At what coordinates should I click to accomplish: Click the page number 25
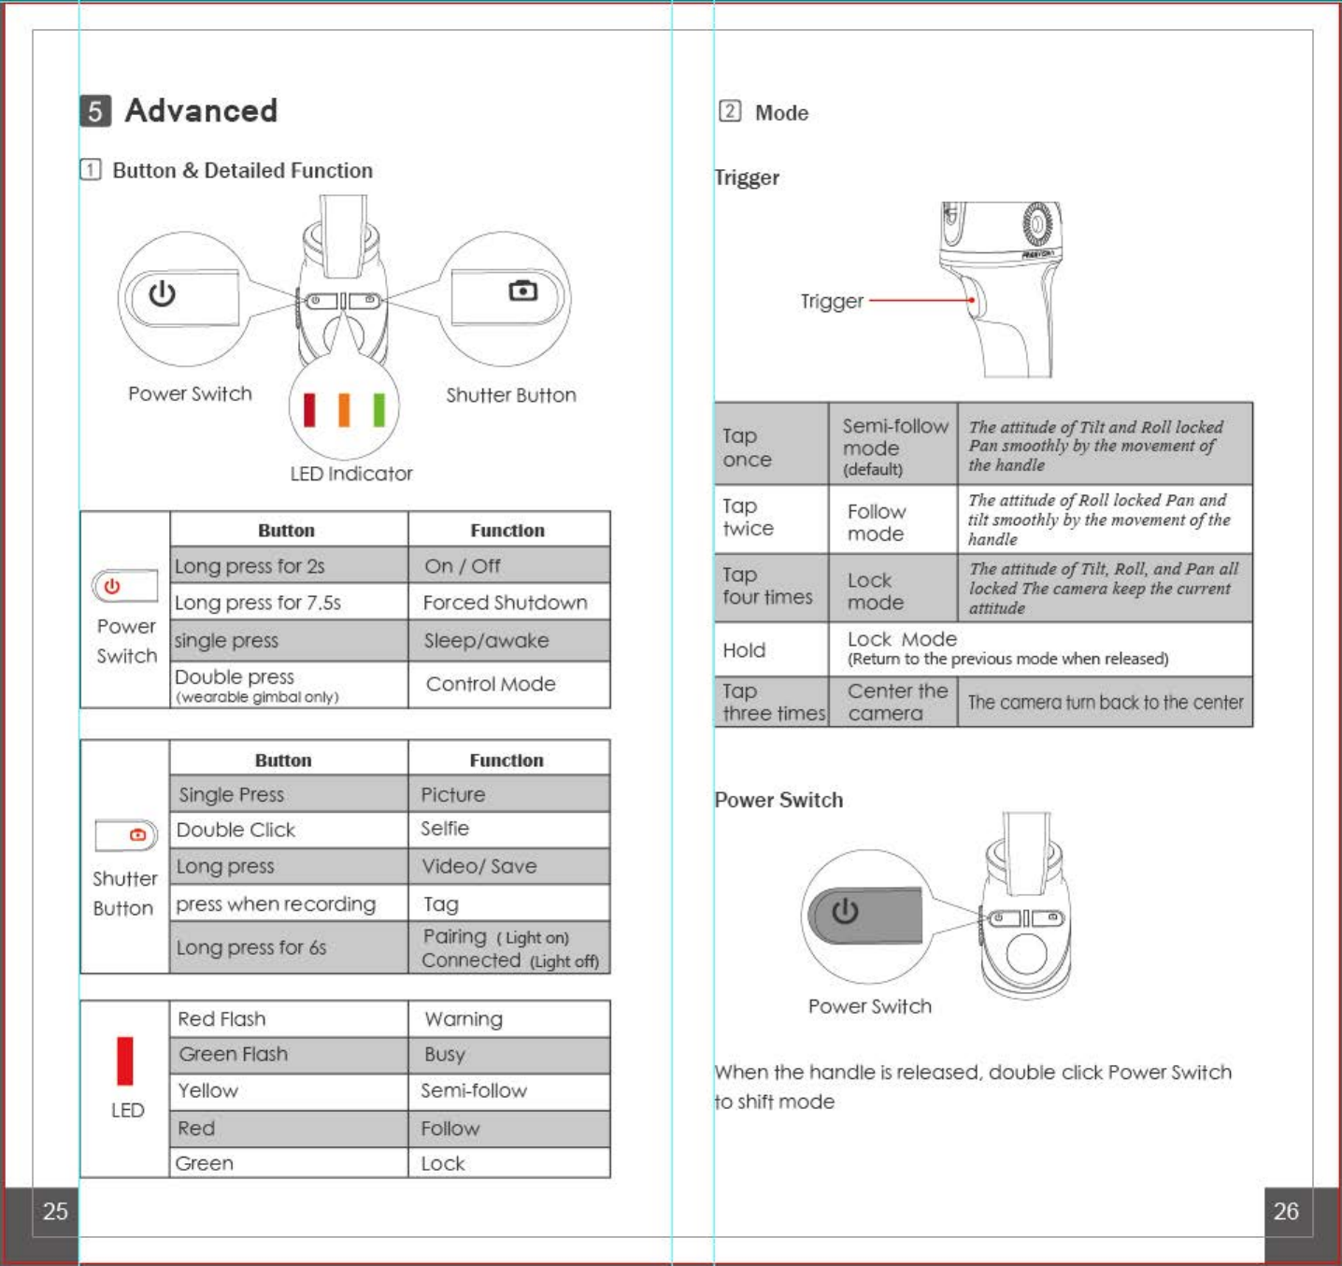click(x=55, y=1211)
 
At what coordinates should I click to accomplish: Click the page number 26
click(x=1286, y=1211)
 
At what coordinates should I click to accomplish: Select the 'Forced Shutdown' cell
click(x=505, y=603)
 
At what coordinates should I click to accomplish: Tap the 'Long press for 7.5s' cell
click(x=258, y=603)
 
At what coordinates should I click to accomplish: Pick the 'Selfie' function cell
click(x=445, y=829)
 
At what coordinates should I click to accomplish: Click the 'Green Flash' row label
click(x=234, y=1054)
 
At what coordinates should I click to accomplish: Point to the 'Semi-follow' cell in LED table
click(x=474, y=1090)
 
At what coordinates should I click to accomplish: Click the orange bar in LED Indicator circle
click(x=344, y=409)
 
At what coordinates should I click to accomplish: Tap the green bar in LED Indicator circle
click(x=378, y=409)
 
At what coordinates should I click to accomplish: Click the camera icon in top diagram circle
click(x=522, y=291)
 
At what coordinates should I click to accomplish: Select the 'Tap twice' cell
click(x=748, y=518)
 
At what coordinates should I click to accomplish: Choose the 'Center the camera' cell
click(x=897, y=702)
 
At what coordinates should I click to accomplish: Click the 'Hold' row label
click(x=744, y=649)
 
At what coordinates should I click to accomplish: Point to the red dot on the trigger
click(x=972, y=300)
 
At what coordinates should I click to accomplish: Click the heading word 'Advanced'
click(x=201, y=110)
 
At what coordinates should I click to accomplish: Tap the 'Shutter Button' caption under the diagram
click(x=511, y=395)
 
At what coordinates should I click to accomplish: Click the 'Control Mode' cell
click(x=491, y=684)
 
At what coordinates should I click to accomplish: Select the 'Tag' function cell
click(x=441, y=903)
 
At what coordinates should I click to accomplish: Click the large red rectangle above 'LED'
click(x=125, y=1061)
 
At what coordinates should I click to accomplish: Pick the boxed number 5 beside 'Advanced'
click(x=95, y=110)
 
